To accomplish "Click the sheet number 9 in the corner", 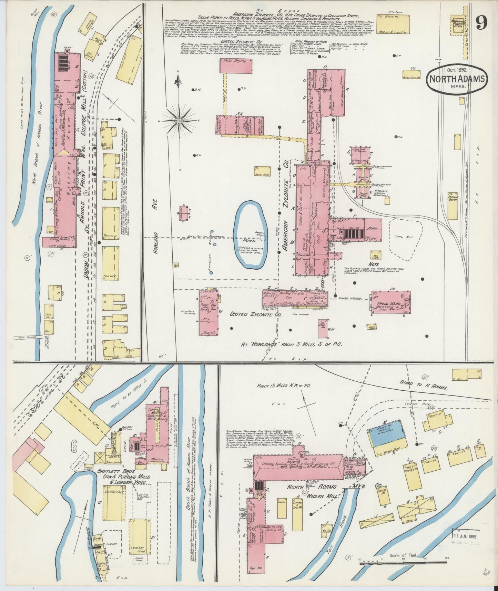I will click(x=481, y=23).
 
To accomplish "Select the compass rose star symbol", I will click(x=179, y=121).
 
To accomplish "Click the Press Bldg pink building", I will click(x=390, y=302).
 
